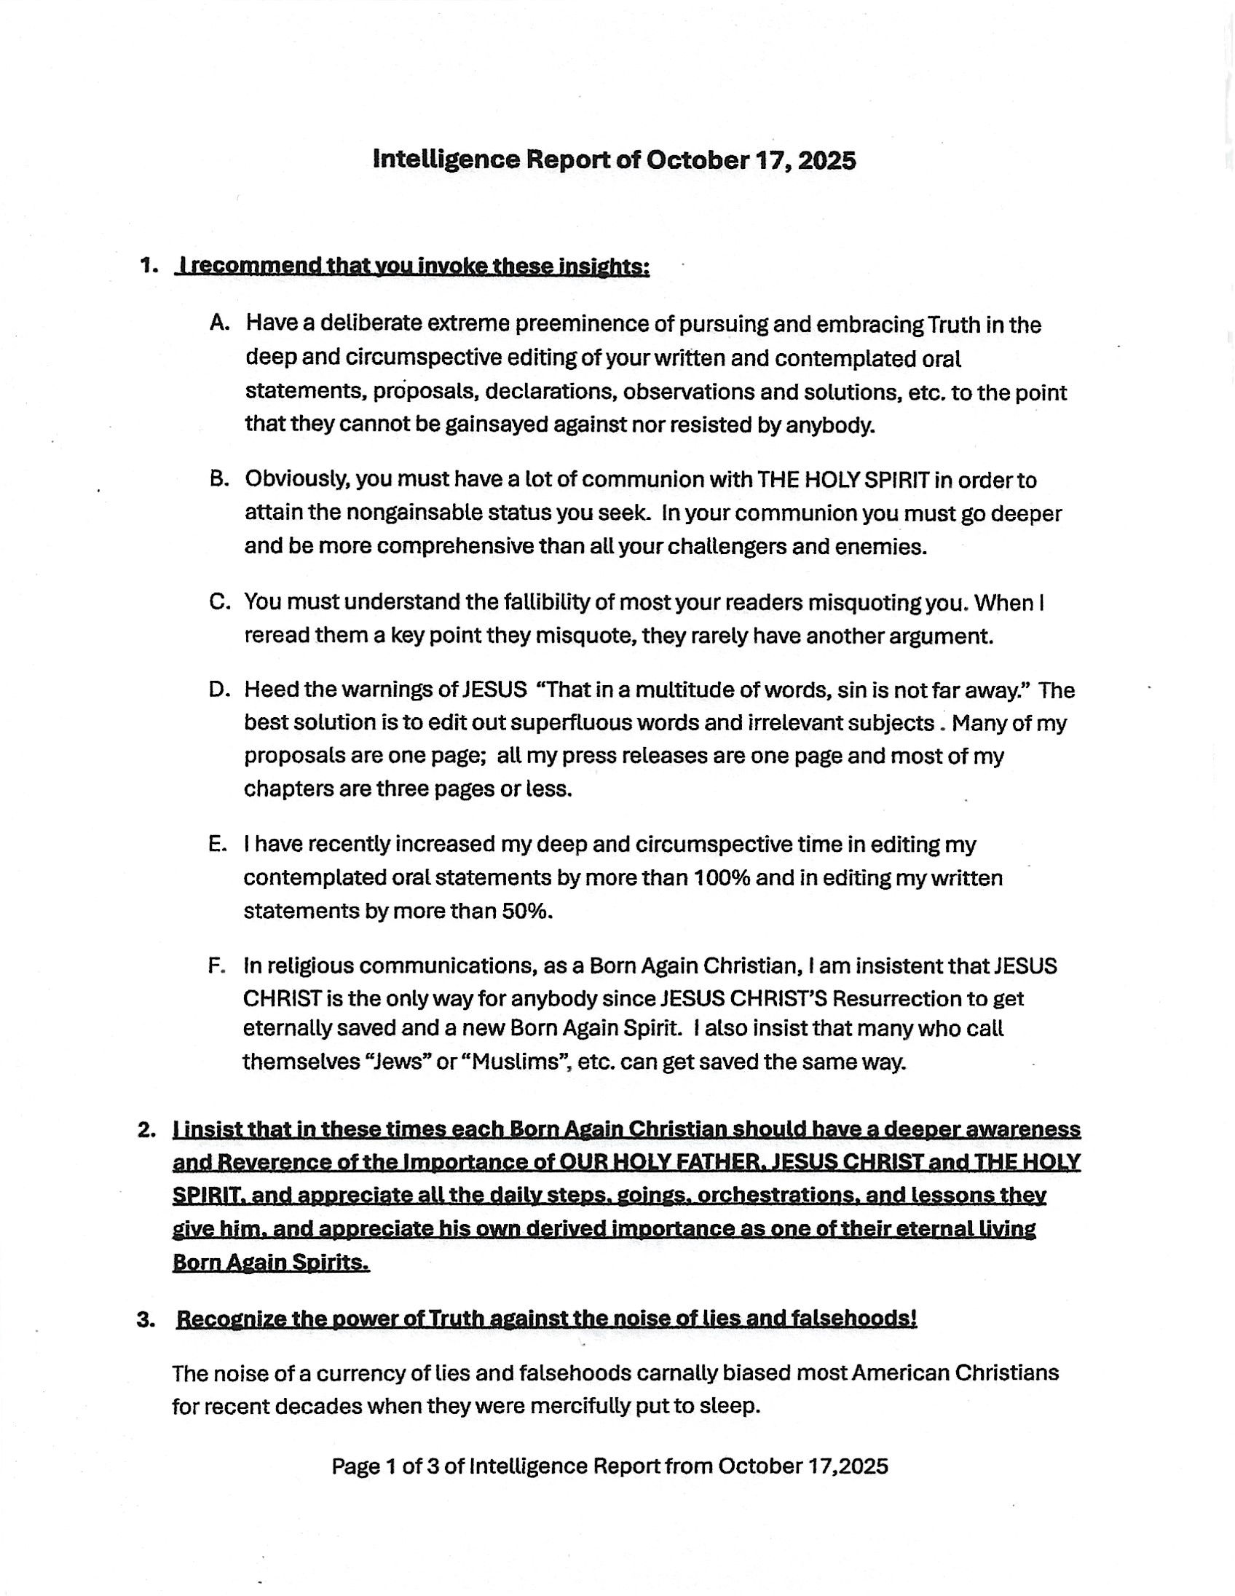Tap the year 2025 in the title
(826, 159)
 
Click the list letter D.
(218, 690)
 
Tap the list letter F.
(217, 966)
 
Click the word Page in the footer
(356, 1466)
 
